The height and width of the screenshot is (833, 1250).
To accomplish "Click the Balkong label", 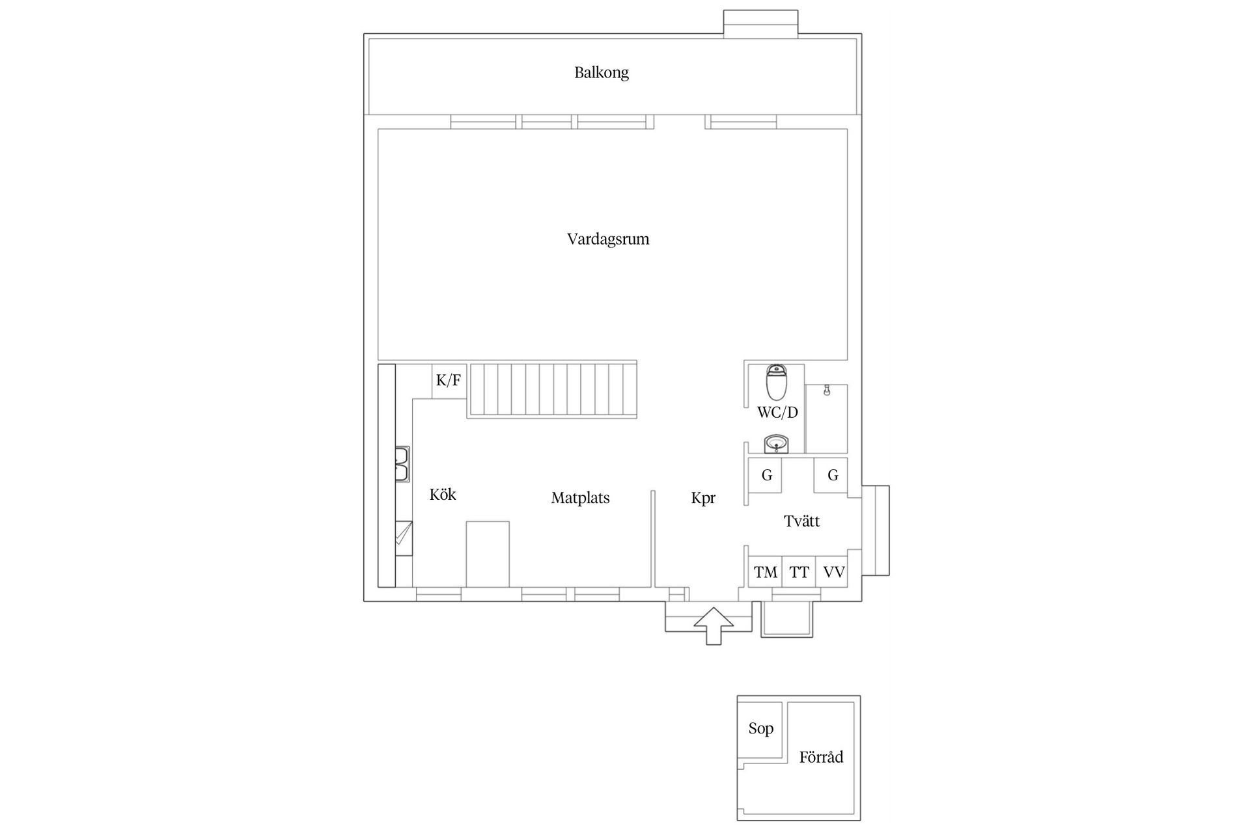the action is pos(602,72).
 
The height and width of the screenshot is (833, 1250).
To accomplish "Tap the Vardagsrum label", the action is pos(608,239).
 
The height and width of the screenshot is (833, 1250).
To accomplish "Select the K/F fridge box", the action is pos(449,381).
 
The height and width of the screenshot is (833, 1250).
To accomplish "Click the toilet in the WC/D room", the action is pos(776,382).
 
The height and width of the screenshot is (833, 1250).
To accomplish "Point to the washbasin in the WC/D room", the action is pos(775,444).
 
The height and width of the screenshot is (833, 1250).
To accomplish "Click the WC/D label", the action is pos(777,412).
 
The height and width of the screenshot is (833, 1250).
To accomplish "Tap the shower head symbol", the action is pos(826,390).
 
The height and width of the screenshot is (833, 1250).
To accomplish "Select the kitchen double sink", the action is pos(402,463).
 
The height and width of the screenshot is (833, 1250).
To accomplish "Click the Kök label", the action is pos(443,495).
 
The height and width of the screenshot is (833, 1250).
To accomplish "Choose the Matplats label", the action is pos(580,498).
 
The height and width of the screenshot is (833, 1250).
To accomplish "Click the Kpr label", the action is pos(703,498).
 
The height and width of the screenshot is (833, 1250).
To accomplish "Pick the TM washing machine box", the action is pos(765,572).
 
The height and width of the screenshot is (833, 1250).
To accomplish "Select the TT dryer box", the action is pos(799,572).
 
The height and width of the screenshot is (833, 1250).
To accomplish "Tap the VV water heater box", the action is pos(833,572).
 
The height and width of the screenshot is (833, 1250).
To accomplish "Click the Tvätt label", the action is pos(801,521).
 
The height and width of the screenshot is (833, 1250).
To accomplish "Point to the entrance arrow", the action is pos(714,625).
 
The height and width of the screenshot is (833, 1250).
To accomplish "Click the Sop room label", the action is pos(760,728).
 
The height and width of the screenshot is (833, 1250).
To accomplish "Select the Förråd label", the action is pos(821,757).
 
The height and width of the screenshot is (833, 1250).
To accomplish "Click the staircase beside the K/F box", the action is pos(552,389).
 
